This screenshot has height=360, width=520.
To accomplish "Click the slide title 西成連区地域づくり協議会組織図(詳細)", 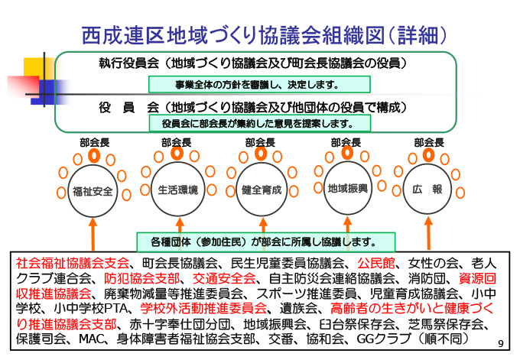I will click(x=264, y=34).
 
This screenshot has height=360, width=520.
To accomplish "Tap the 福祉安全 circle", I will click(x=93, y=190).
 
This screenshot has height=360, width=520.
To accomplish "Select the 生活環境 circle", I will click(x=177, y=189).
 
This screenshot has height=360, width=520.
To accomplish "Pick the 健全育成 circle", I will click(x=262, y=189).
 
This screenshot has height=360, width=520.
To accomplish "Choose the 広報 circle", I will click(x=427, y=189).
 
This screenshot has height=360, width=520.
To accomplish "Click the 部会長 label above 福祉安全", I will click(x=93, y=141).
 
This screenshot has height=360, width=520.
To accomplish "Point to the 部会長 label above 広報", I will click(x=428, y=141).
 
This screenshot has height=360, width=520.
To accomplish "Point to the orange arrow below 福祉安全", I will click(x=93, y=233).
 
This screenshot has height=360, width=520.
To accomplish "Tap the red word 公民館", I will click(x=386, y=262).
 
